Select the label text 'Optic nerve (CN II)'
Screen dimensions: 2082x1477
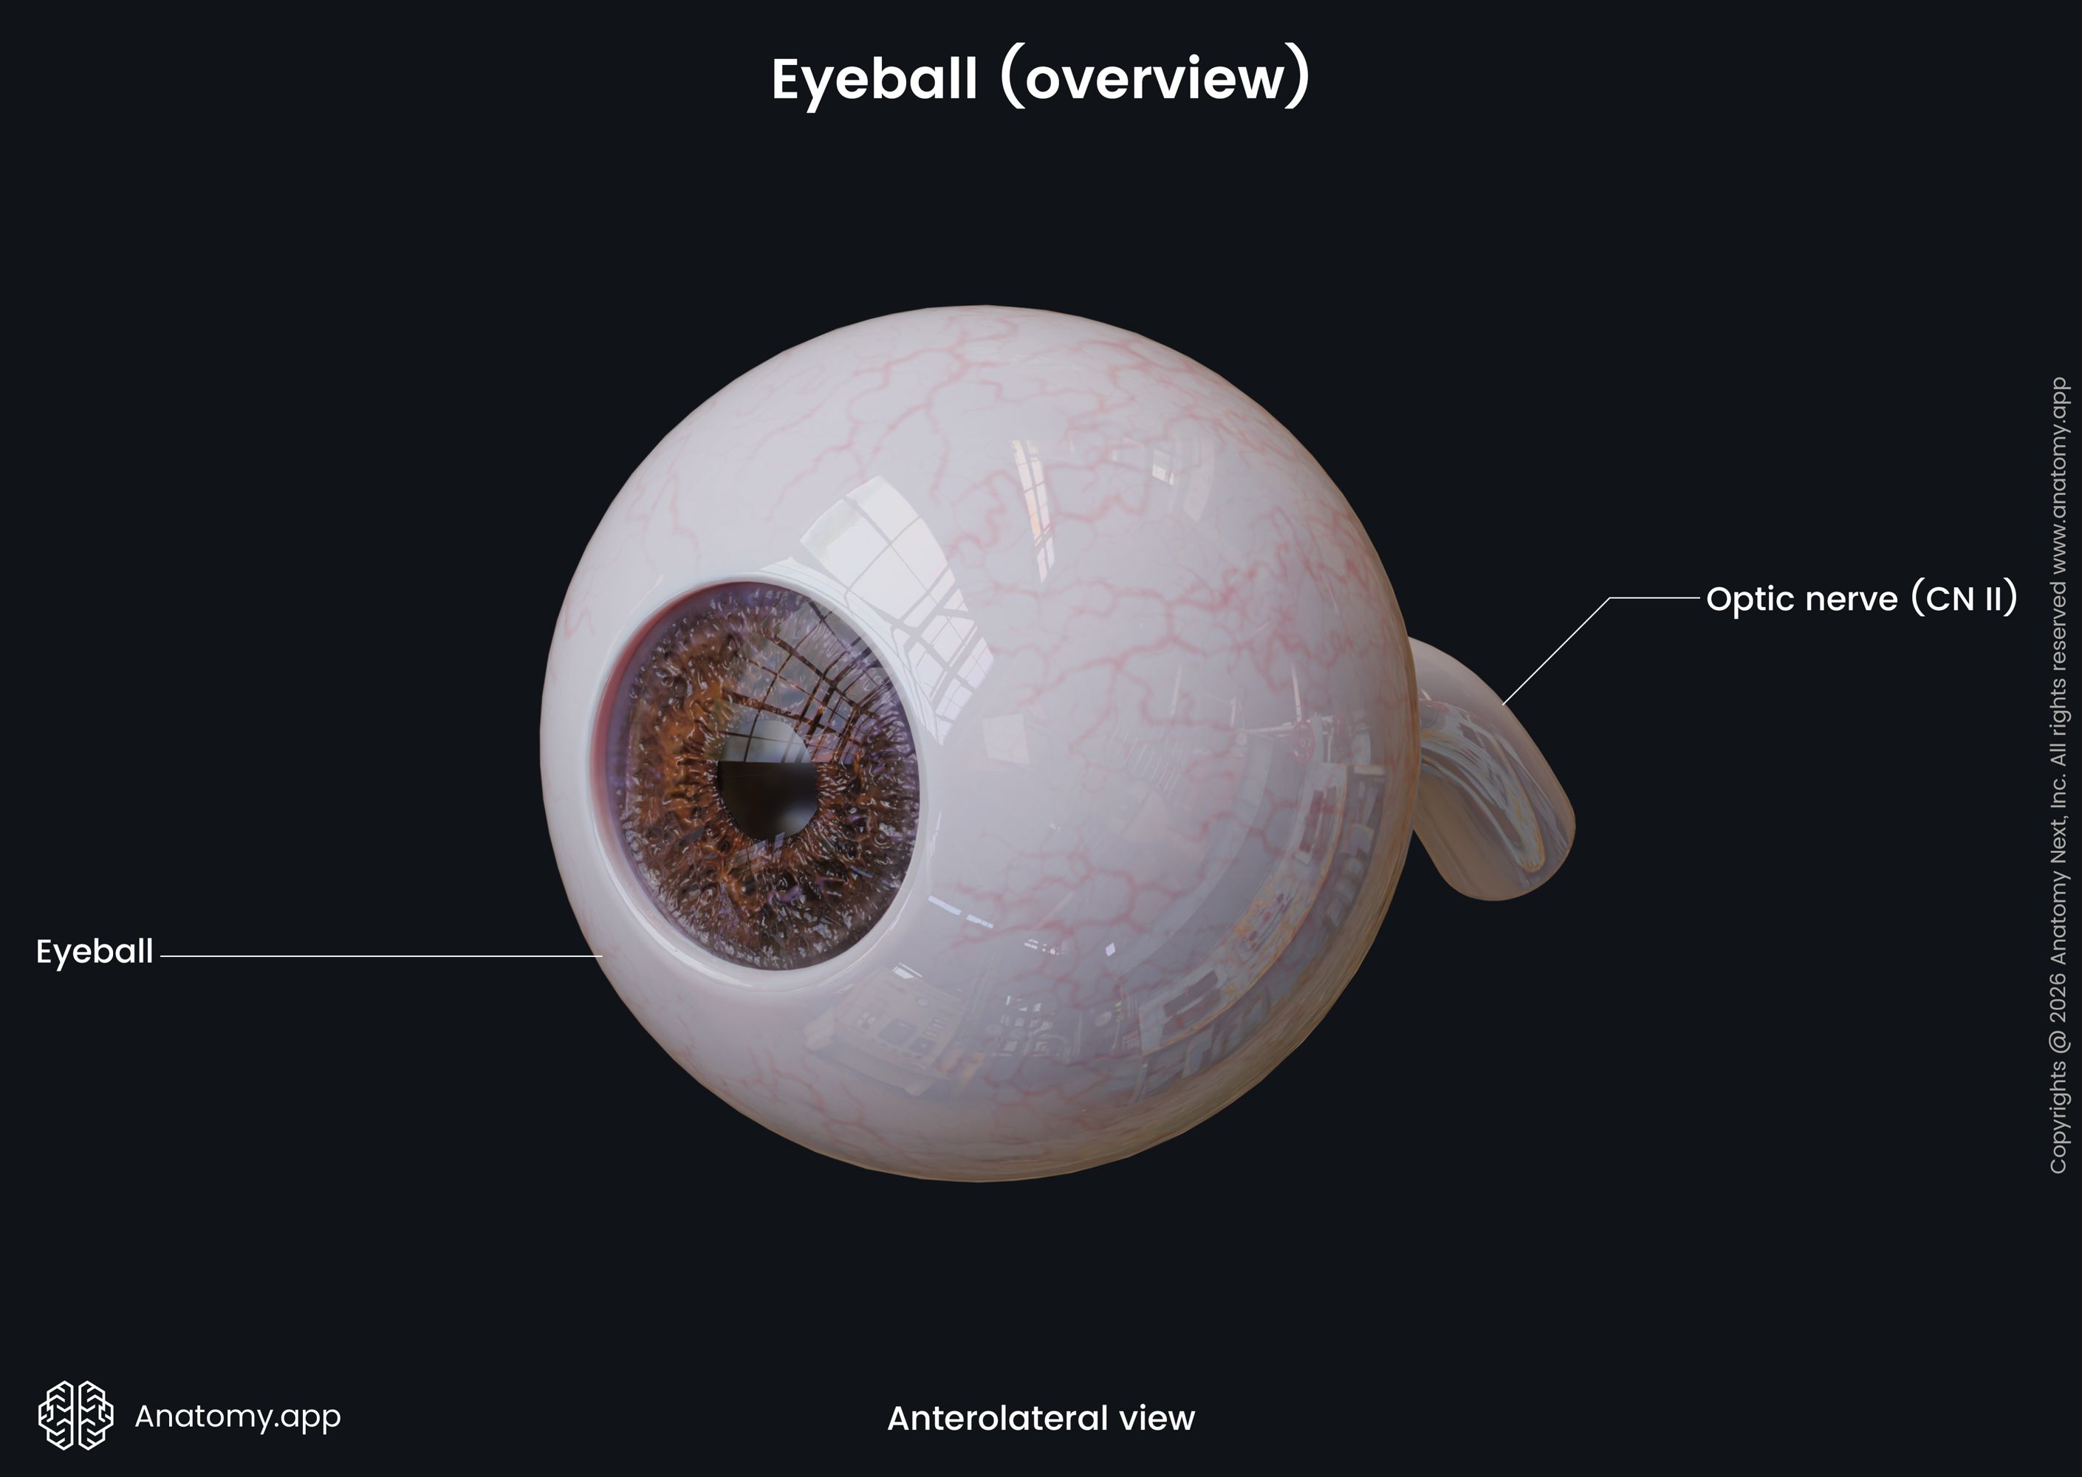[x=1862, y=598]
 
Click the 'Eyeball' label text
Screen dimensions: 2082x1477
[x=95, y=952]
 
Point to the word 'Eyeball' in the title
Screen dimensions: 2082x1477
[x=874, y=80]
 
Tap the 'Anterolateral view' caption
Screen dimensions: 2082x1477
[x=1041, y=1418]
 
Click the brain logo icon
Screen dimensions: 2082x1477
[x=75, y=1415]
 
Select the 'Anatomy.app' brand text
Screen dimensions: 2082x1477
[x=237, y=1416]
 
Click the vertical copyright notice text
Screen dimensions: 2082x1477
[x=2059, y=775]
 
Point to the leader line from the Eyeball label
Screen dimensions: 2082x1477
[x=381, y=956]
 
